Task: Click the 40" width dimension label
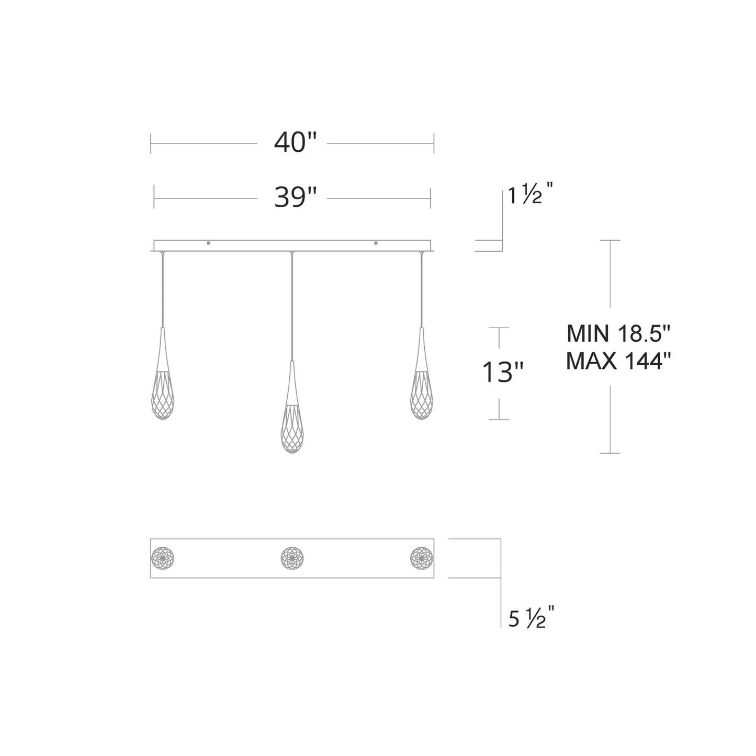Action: click(x=295, y=142)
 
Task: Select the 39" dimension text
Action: click(x=295, y=198)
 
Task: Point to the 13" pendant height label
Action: click(x=502, y=373)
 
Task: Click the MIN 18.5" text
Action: click(x=618, y=333)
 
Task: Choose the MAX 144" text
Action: click(x=618, y=361)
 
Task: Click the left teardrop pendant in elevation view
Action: click(x=163, y=382)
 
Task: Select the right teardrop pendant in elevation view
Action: click(x=421, y=382)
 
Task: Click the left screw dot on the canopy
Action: click(x=209, y=243)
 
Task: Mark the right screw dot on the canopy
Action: click(x=376, y=243)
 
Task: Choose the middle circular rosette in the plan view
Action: click(x=292, y=558)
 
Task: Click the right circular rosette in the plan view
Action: click(x=421, y=558)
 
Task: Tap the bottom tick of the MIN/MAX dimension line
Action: click(x=610, y=453)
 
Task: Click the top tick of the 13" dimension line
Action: click(x=499, y=328)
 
